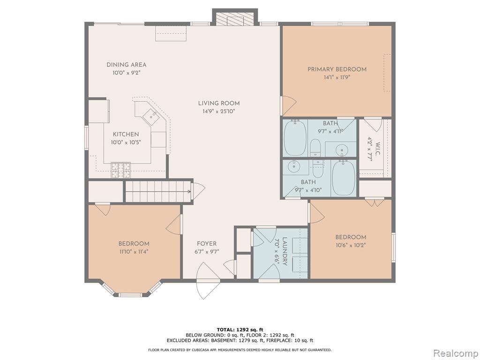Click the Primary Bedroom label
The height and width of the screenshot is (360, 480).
[x=337, y=69]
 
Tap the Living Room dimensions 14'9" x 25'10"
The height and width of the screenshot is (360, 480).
[x=218, y=112]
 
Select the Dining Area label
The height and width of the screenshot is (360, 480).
[x=127, y=65]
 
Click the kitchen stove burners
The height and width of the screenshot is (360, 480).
[x=120, y=170]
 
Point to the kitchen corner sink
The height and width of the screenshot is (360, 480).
[x=151, y=115]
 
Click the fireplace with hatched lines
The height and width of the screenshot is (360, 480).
[x=235, y=19]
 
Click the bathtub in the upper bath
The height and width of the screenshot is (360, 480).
[x=295, y=138]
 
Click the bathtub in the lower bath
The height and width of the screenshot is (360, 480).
[x=344, y=178]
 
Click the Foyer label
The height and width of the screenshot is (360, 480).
[x=207, y=244]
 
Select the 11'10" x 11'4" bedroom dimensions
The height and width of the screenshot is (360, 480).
[x=134, y=252]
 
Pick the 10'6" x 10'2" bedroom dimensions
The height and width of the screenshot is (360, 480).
[x=351, y=245]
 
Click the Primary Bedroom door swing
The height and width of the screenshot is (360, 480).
[x=288, y=106]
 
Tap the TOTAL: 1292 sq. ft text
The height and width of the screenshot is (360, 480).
[x=240, y=330]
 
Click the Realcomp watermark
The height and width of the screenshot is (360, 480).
[x=456, y=353]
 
